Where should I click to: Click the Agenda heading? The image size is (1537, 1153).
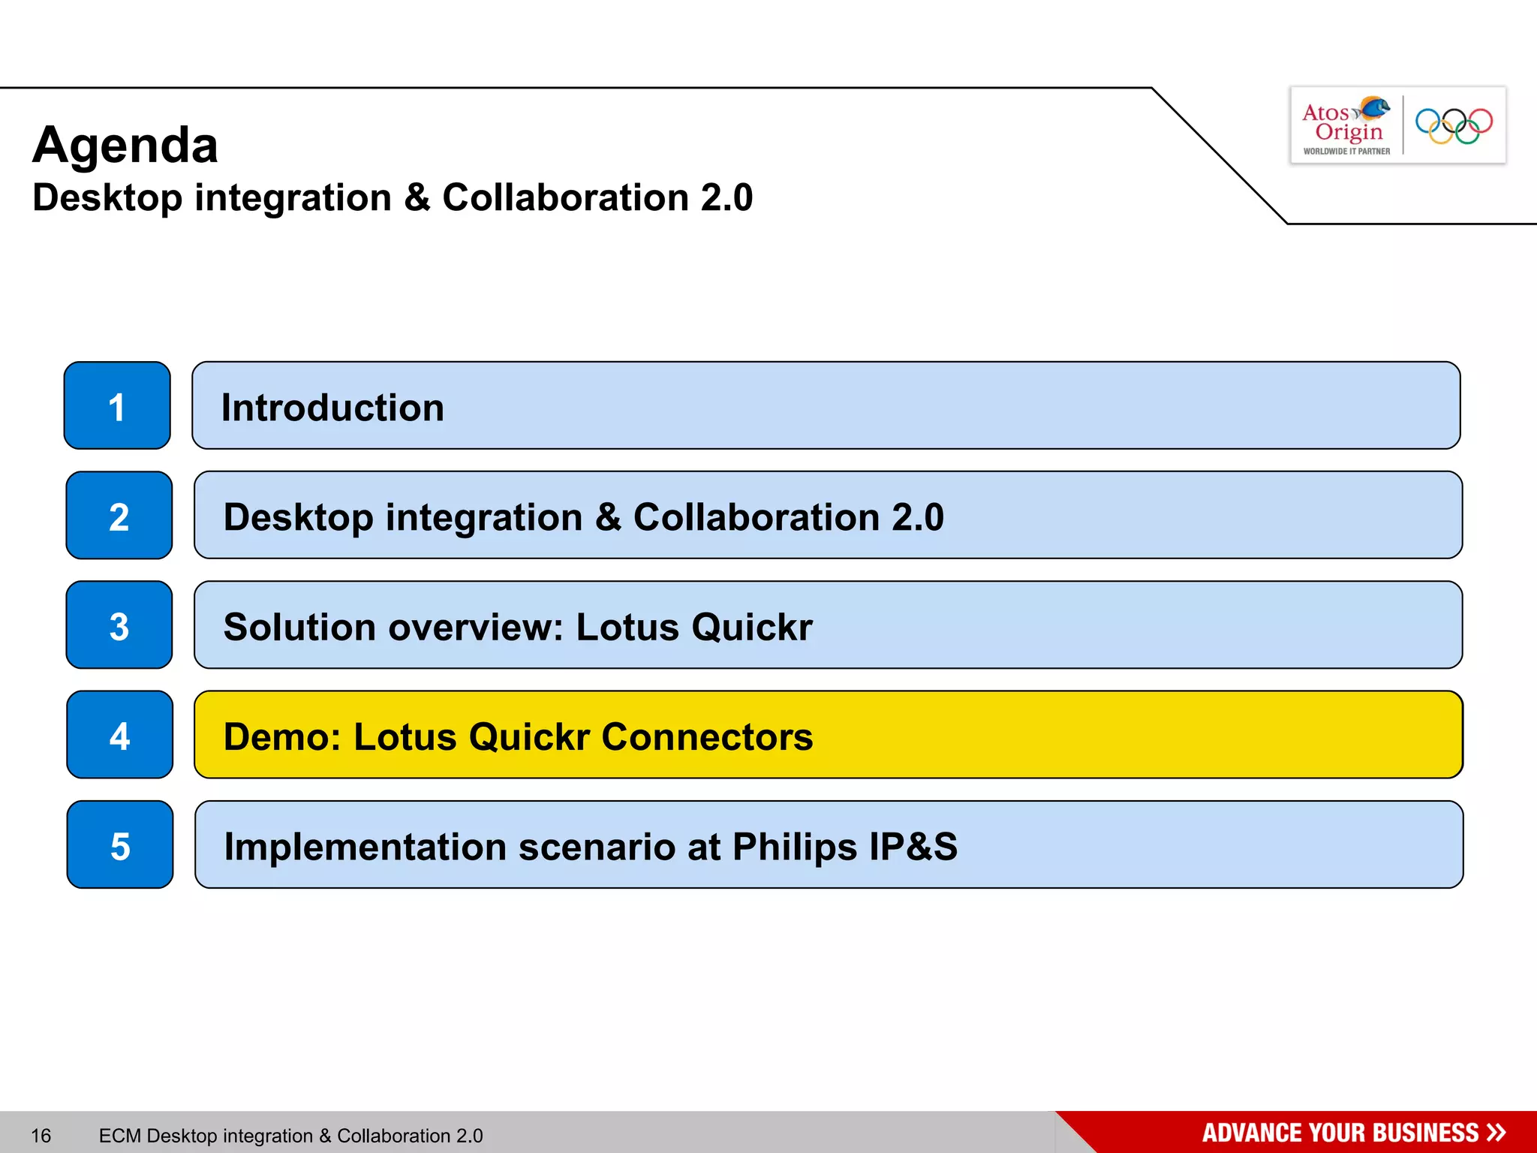point(125,146)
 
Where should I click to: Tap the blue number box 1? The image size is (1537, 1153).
point(117,406)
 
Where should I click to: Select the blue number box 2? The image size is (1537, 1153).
point(119,516)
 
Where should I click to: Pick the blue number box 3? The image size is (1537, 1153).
point(119,625)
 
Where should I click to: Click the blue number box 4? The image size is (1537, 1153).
point(120,735)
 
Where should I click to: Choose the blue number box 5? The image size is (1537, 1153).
point(120,845)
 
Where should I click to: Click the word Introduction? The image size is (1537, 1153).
point(332,408)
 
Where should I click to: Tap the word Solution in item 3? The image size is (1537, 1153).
point(299,627)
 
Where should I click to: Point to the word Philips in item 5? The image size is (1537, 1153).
point(795,847)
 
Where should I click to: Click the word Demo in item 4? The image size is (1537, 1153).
point(281,736)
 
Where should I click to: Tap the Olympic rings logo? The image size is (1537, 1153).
point(1454,126)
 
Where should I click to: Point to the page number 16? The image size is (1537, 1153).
point(41,1136)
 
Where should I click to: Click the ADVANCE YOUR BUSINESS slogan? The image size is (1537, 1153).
point(1340,1133)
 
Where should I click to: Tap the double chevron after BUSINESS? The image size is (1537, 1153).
point(1496,1133)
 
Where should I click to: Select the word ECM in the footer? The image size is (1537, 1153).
point(119,1136)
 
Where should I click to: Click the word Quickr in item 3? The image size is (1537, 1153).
point(752,627)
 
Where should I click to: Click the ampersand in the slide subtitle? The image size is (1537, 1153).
point(417,198)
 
